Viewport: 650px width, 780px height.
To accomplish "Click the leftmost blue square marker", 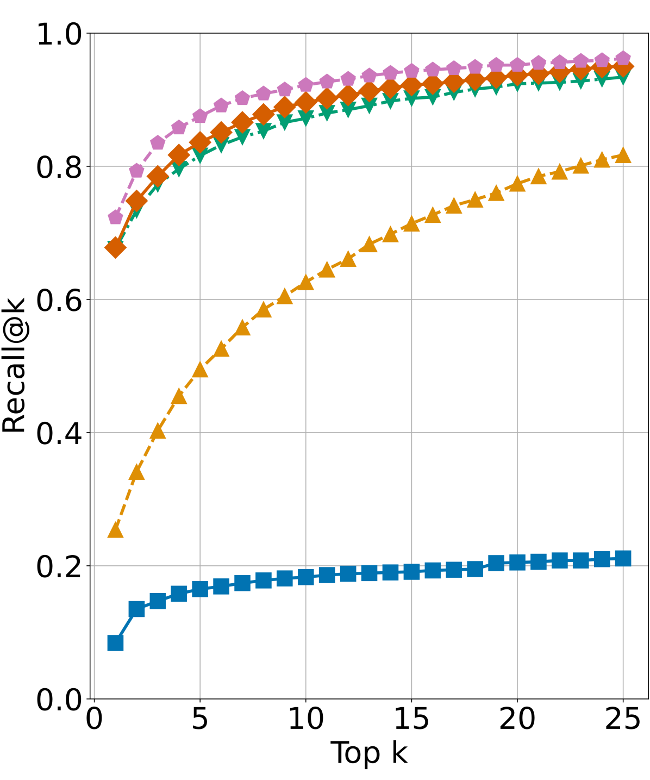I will (x=115, y=643).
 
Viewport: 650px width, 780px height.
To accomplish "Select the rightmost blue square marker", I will (x=623, y=558).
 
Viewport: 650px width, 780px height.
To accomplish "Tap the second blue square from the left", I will (x=136, y=609).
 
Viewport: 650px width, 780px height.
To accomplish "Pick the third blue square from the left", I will (x=158, y=601).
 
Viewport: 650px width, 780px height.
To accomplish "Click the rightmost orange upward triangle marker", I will (x=623, y=155).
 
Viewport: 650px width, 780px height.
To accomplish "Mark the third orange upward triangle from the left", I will (x=158, y=431).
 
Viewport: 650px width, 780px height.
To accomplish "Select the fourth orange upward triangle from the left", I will (x=179, y=397).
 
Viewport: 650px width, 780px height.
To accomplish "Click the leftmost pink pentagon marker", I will (x=115, y=217).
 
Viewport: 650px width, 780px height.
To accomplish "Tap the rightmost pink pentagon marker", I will (x=623, y=58).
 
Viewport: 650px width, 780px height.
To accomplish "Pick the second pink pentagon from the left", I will (x=136, y=171).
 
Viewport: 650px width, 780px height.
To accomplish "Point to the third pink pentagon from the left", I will (x=158, y=142).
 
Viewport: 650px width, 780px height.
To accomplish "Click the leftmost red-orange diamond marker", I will (x=115, y=248).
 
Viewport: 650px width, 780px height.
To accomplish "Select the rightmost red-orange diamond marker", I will (x=623, y=67).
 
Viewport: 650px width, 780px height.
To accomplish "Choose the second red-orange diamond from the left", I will (x=136, y=201).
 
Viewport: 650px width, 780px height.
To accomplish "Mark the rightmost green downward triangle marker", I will (x=623, y=77).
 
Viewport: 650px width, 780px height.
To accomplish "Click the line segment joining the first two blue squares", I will (x=126, y=626).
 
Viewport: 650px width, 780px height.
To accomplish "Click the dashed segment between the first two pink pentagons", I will (x=126, y=194).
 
